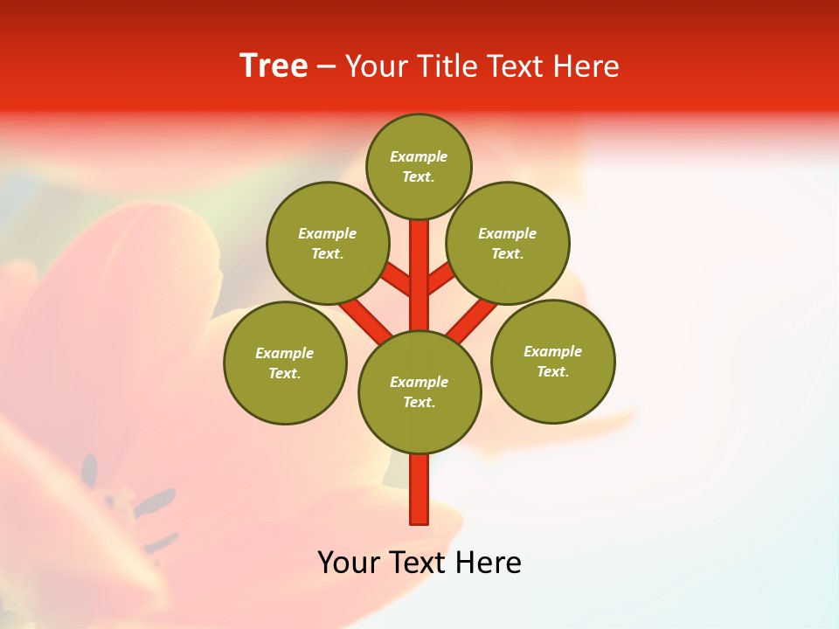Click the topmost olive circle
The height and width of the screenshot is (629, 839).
coord(419,166)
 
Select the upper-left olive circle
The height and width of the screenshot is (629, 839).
coord(327,243)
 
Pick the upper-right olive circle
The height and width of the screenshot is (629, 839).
coord(507,243)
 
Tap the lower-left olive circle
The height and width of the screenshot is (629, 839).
coord(285,363)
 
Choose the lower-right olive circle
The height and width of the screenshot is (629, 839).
coord(552,361)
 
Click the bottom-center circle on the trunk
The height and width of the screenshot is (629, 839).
coord(419,391)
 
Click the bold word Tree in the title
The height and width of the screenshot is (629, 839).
coord(274,66)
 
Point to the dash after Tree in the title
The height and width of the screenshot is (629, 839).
coord(326,66)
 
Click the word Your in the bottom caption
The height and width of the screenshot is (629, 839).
coord(349,563)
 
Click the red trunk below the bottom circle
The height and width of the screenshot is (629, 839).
coord(419,489)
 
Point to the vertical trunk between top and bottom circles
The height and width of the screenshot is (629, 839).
coord(419,275)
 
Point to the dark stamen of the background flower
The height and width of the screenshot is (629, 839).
coord(156,501)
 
